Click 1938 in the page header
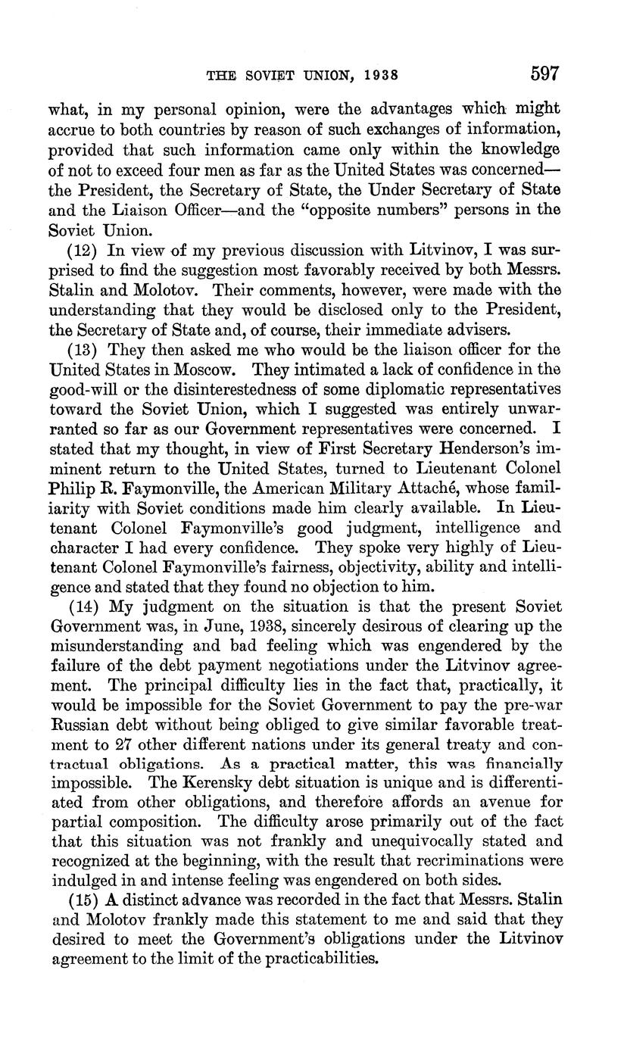376,76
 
